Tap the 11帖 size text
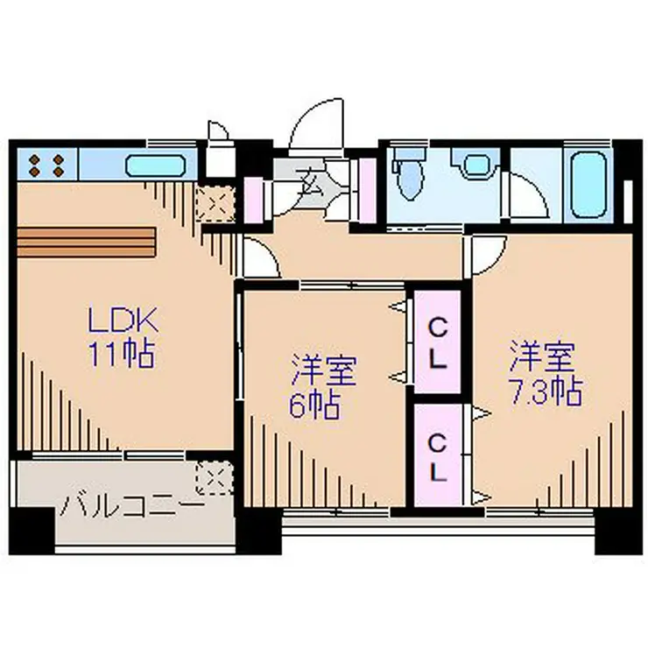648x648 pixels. [x=121, y=354]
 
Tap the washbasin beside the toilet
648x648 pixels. [x=477, y=165]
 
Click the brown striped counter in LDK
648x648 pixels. [x=85, y=243]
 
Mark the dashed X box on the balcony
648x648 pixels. [x=214, y=478]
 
